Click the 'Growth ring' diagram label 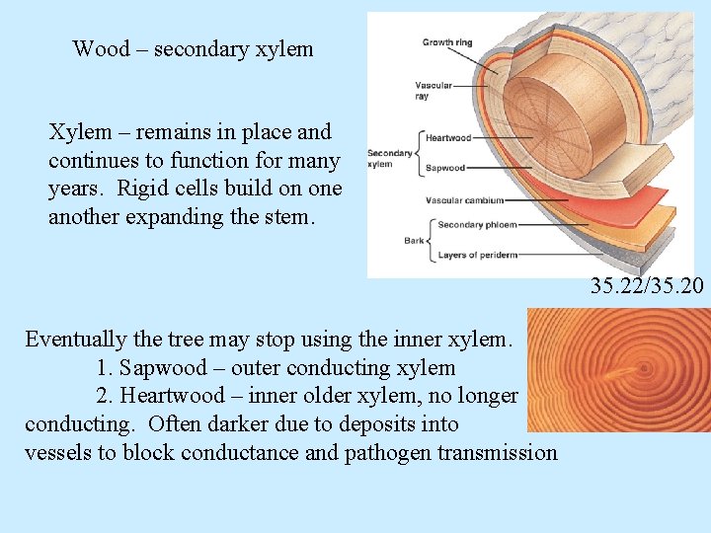[446, 42]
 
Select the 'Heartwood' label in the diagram [448, 138]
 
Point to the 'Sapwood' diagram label [444, 169]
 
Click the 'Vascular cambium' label [464, 200]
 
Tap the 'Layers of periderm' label [477, 256]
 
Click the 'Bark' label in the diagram [414, 240]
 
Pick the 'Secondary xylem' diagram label [389, 158]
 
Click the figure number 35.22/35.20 [647, 287]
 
